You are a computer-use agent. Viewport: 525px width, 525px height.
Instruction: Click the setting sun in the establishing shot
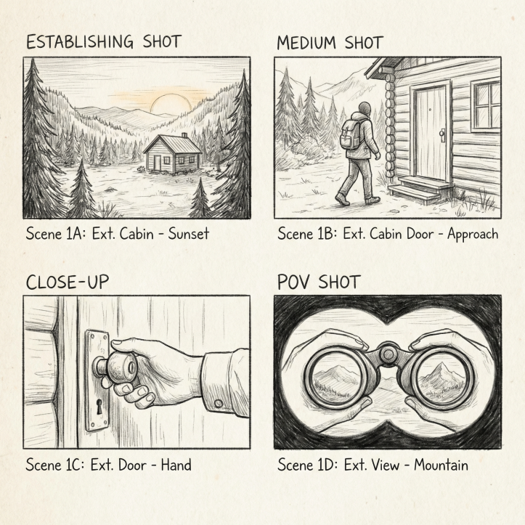pos(171,104)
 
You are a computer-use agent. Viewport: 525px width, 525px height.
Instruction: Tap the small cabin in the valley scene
pos(172,153)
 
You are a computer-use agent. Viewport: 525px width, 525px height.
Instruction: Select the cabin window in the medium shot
pos(485,105)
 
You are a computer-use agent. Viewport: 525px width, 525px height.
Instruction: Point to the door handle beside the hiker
pos(441,134)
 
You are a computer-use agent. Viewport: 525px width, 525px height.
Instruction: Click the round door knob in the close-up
pos(119,370)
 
